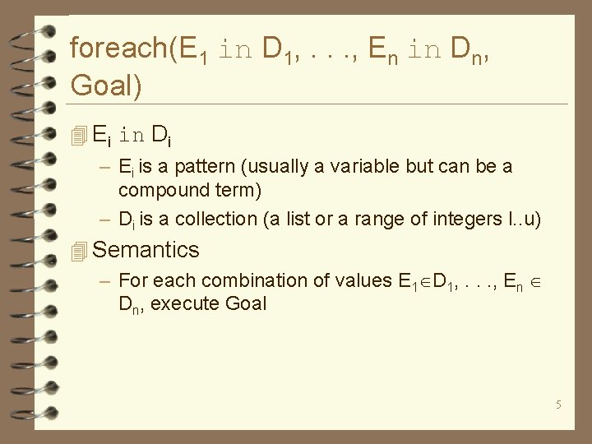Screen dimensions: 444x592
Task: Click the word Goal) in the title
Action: point(106,85)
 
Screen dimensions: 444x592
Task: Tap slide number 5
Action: point(558,405)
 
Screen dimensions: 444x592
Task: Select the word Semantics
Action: point(146,250)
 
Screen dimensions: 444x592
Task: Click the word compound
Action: point(161,191)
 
